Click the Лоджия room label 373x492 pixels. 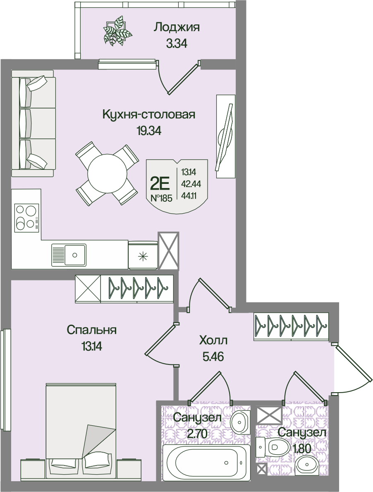click(x=177, y=28)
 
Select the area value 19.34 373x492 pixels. click(x=148, y=131)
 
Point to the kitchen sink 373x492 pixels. click(x=69, y=254)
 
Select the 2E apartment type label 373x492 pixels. click(x=161, y=182)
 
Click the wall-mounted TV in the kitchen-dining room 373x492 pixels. click(x=225, y=137)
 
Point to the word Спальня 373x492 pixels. click(x=91, y=330)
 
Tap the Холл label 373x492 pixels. click(x=213, y=341)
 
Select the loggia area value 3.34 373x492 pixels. click(x=177, y=43)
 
